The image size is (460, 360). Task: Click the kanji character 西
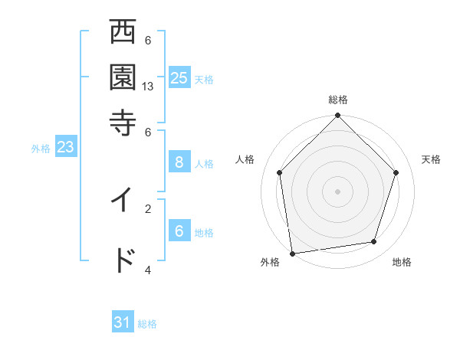pos(123,33)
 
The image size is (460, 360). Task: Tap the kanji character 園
pos(123,77)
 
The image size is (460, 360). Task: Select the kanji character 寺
pos(123,122)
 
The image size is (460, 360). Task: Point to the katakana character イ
pos(123,200)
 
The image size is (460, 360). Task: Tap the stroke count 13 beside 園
pos(149,87)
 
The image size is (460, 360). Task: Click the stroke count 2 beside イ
pos(149,208)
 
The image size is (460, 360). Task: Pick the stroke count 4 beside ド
pos(149,270)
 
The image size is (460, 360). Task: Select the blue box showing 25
pos(179,78)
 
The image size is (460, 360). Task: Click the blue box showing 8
pos(179,162)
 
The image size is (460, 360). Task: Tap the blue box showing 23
pos(65,148)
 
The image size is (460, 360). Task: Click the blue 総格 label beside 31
pos(147,324)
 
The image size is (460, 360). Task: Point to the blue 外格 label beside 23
pos(41,149)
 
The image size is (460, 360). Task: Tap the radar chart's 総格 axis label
pos(338,100)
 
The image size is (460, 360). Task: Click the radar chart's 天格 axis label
pos(431,159)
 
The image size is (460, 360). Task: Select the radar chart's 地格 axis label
pos(402,262)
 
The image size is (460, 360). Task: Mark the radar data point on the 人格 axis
pos(280,172)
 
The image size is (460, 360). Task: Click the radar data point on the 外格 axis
pos(292,253)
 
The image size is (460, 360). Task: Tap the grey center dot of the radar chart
pos(338,191)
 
